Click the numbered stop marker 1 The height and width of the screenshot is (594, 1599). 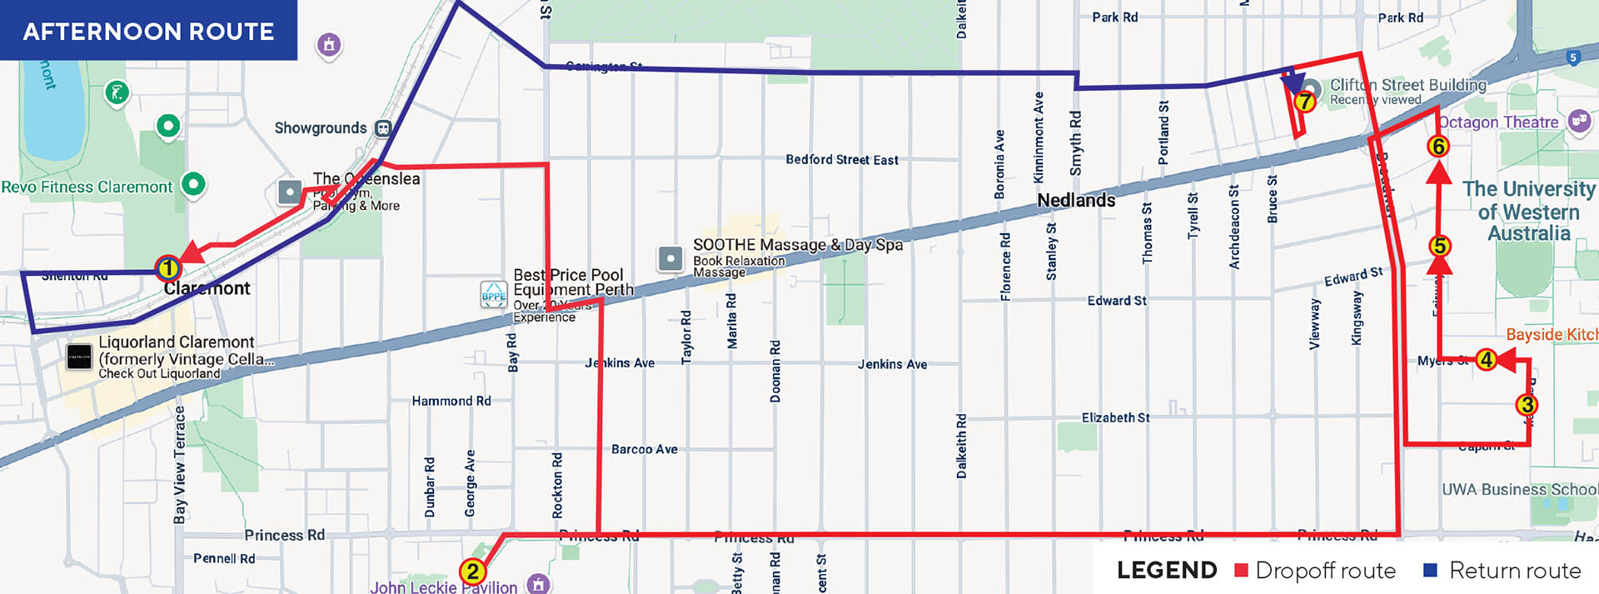point(168,268)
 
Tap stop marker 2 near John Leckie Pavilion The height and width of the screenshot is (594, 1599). point(472,572)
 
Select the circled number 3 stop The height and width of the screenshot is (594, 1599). point(1526,405)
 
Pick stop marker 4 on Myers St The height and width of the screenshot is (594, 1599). point(1486,360)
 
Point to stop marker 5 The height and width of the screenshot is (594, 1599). point(1439,246)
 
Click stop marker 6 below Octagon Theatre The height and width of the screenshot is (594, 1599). point(1437,147)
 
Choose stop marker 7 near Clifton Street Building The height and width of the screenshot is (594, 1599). point(1304,102)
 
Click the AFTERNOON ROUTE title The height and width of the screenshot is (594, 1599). point(148,32)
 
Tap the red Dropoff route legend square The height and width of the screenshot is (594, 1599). point(1241,570)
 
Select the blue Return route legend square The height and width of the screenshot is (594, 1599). point(1431,570)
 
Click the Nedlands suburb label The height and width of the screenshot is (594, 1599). point(1076,200)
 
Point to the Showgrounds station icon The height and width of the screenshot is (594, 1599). point(383,128)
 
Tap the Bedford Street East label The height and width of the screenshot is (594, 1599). point(841,160)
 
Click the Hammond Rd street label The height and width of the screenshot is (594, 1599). point(451,401)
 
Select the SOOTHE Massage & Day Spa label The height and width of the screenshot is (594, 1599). point(797,245)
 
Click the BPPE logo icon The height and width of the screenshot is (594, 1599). point(494,295)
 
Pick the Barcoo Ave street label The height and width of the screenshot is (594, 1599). point(644,449)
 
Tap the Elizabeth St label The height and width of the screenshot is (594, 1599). point(1115,417)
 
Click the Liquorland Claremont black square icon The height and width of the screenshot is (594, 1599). point(79,357)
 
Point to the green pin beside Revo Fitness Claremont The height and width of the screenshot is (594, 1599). point(193,183)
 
